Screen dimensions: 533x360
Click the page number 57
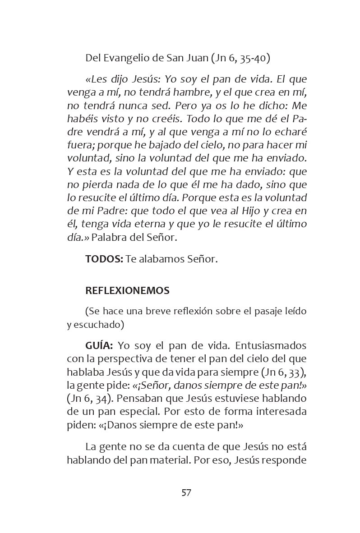[x=186, y=492]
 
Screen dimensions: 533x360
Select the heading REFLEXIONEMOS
[x=127, y=291]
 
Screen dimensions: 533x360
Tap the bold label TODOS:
[x=104, y=259]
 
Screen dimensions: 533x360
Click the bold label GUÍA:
[x=99, y=345]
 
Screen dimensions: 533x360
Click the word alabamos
[x=163, y=259]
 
